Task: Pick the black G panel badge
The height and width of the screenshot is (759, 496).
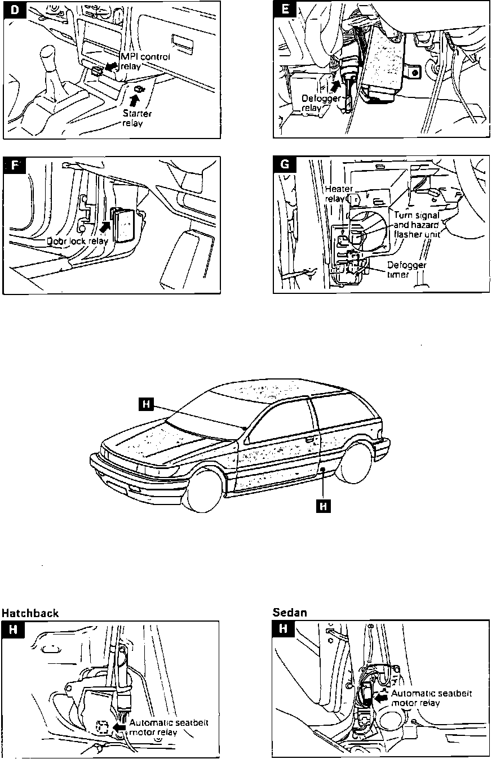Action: click(284, 167)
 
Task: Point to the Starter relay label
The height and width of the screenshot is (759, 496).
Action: click(136, 118)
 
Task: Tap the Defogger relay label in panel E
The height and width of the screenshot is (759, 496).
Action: click(317, 104)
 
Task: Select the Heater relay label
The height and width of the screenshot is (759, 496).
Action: click(338, 194)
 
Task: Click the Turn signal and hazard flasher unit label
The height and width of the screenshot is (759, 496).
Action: click(417, 224)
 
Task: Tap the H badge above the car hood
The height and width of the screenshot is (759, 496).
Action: click(146, 403)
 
